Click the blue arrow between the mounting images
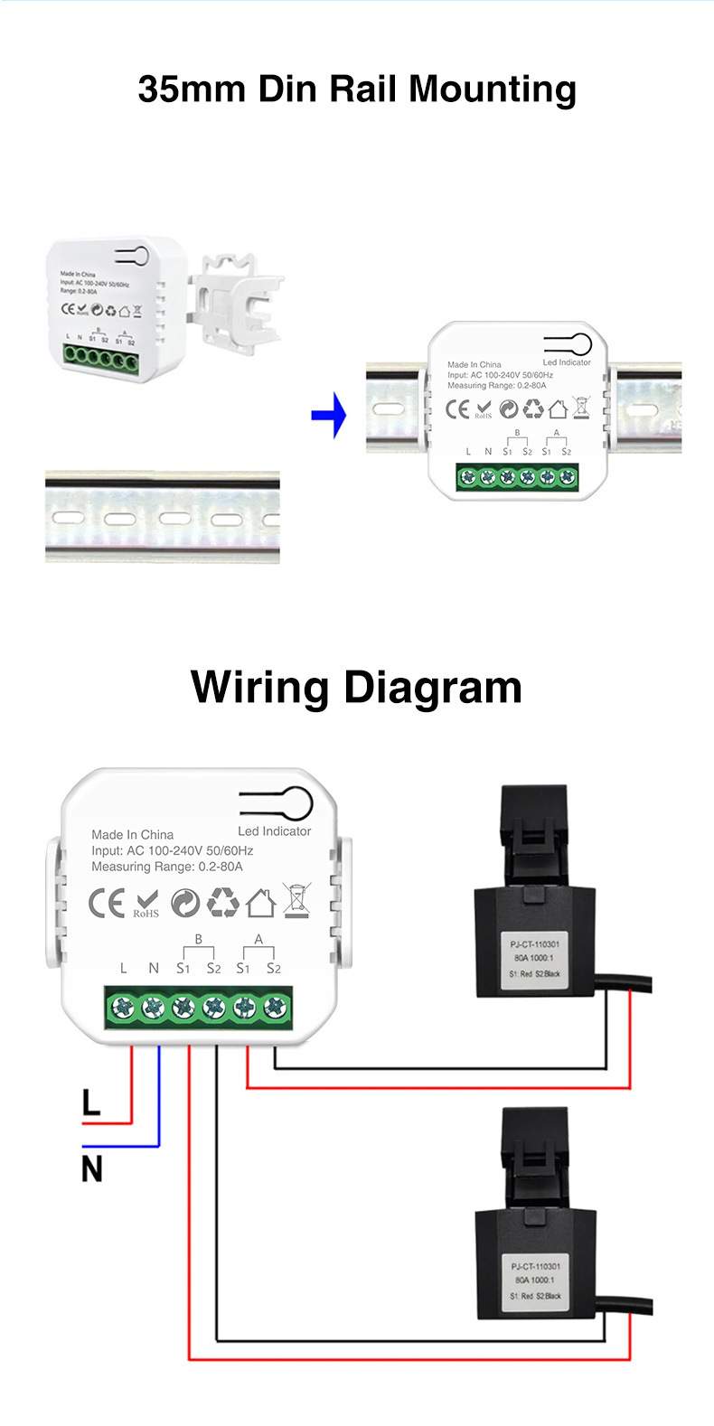330,415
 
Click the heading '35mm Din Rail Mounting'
357,89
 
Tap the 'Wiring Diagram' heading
357,687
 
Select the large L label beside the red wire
91,1102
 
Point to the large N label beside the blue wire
91,1169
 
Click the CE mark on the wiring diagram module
107,903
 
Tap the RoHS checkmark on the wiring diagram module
146,902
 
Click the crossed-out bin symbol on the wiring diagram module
296,901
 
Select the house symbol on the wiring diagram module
260,902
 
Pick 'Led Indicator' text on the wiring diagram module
274,831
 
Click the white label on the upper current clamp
535,959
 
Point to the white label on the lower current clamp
535,1281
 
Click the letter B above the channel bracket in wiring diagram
199,940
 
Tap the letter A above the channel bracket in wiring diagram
258,940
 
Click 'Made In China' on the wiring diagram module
132,835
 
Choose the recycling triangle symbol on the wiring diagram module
223,902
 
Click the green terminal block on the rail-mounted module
517,476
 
